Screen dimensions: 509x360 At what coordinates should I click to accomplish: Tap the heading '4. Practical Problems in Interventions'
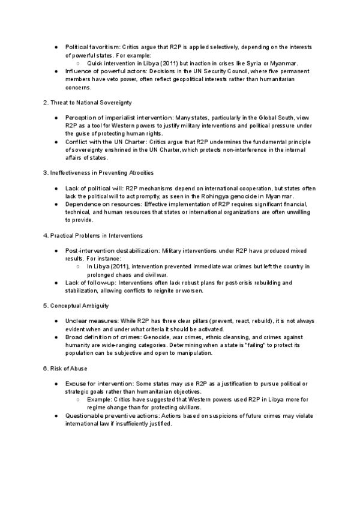pos(92,235)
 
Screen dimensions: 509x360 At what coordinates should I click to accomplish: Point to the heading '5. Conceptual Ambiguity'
pos(76,306)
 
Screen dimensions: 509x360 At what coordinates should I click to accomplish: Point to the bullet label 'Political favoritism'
pos(93,47)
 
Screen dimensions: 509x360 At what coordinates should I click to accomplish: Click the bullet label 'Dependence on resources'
pos(98,204)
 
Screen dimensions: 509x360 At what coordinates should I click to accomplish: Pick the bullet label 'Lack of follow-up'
pos(89,282)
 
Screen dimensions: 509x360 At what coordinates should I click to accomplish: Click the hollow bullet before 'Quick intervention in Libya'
pos(79,63)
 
